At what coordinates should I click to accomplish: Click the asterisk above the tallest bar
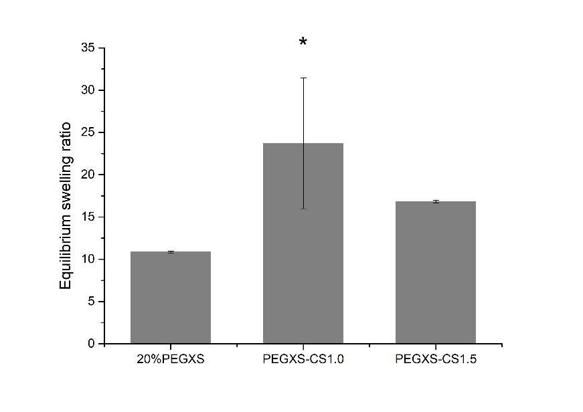tap(303, 43)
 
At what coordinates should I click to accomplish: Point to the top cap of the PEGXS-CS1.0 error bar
tap(303, 78)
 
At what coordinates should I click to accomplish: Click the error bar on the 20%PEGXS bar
tap(171, 252)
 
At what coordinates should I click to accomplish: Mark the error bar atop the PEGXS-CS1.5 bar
tap(436, 201)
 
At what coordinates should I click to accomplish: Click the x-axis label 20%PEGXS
tap(171, 359)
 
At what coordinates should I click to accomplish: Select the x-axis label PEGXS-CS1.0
tap(303, 359)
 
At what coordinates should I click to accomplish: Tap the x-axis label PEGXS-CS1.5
tap(436, 359)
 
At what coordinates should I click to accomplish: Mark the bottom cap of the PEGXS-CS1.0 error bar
tap(303, 209)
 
